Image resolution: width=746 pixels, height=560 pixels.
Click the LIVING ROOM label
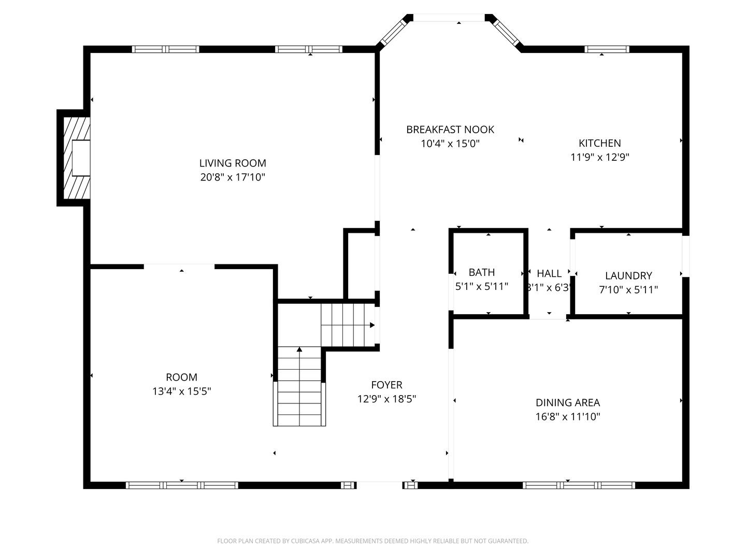(x=233, y=163)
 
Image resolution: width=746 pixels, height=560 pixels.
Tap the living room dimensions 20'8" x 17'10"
(x=233, y=177)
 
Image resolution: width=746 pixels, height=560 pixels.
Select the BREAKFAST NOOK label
(x=450, y=130)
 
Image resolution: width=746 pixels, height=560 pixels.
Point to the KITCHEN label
(x=599, y=143)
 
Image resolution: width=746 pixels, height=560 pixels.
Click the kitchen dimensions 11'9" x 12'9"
(x=599, y=157)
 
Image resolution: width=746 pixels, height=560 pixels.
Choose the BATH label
(x=482, y=272)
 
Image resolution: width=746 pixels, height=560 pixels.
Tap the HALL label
(x=549, y=273)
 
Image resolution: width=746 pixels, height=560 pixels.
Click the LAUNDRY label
(x=628, y=275)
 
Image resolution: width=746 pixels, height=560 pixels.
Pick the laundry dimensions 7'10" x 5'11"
(x=628, y=290)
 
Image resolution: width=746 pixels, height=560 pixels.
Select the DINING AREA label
(x=568, y=402)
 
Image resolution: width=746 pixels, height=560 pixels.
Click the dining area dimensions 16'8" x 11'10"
(x=568, y=416)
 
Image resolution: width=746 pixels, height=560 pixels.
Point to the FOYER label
(x=386, y=385)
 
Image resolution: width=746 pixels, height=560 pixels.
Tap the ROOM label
(x=181, y=377)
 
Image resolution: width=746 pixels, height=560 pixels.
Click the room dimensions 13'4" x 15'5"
(x=181, y=391)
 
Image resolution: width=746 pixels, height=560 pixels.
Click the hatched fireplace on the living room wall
(x=77, y=158)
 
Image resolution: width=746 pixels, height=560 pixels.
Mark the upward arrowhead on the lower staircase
(x=299, y=349)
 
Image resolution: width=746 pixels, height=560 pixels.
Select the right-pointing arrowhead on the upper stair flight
(x=372, y=325)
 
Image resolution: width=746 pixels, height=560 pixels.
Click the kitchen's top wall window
(x=607, y=49)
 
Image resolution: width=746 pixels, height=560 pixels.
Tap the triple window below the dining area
(x=579, y=485)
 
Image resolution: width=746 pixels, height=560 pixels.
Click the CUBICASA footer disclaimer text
(x=373, y=541)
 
